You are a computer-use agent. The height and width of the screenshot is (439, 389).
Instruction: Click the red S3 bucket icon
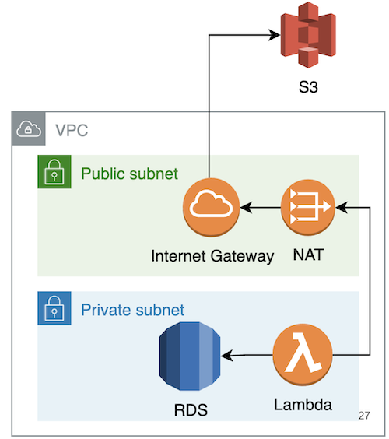(308, 35)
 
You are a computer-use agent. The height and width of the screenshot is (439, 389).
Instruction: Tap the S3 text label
(308, 87)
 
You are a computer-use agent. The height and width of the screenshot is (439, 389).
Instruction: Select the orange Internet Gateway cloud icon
(212, 207)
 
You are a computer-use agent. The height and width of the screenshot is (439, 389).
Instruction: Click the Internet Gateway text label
(212, 256)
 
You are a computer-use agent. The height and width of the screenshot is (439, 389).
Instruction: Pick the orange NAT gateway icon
(308, 207)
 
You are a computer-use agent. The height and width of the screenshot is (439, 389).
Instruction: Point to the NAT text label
(308, 255)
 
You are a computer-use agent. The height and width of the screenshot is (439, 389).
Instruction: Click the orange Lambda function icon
(303, 355)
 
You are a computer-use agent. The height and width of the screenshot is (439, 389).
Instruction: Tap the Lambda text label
(303, 405)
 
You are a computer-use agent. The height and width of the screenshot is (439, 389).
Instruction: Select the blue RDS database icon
(190, 356)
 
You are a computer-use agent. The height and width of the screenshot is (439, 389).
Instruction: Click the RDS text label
(191, 410)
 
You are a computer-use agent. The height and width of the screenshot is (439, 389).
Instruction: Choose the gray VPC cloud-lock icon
(29, 128)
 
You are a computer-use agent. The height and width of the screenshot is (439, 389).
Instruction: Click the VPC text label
(72, 130)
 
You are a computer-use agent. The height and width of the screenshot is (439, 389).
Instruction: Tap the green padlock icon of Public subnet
(54, 171)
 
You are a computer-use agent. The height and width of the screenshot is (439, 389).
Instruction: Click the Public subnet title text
(129, 174)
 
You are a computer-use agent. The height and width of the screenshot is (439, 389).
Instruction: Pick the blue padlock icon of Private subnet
(54, 308)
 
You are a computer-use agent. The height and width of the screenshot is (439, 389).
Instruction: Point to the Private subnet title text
(133, 310)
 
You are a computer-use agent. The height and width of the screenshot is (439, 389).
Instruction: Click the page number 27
(364, 416)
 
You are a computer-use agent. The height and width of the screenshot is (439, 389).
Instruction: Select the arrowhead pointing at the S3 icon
(275, 35)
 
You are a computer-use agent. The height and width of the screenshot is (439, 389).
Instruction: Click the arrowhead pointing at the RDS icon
(226, 356)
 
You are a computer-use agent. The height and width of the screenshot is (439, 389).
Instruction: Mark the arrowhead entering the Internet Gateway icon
(247, 208)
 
